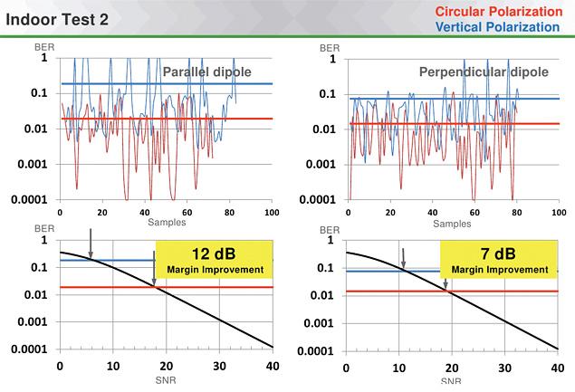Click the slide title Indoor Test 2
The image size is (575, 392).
[59, 18]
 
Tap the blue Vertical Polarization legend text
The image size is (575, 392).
[497, 27]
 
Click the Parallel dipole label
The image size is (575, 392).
[206, 72]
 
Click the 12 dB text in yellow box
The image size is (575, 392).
[216, 253]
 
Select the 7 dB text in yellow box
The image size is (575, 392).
[501, 253]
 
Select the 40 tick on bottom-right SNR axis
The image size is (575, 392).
[553, 368]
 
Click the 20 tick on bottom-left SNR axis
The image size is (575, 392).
[165, 368]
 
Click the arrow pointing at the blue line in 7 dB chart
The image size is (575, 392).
[404, 257]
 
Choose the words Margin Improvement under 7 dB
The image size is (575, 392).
[501, 270]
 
